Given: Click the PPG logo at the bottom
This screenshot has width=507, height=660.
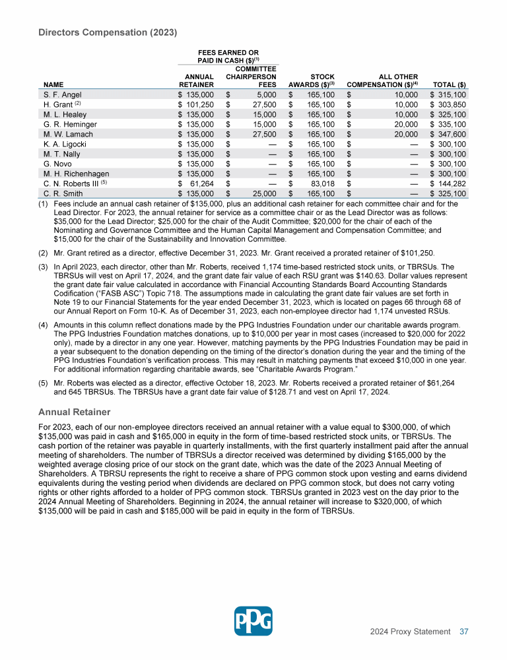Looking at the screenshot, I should (253, 620).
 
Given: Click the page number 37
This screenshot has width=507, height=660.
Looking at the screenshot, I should (464, 632).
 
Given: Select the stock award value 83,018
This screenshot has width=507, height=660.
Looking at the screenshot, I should (321, 183).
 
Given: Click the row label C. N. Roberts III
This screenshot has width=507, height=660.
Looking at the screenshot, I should (65, 183).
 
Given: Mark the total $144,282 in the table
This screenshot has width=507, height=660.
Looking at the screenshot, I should (449, 183).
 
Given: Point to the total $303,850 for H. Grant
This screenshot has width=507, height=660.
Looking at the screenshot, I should (449, 105).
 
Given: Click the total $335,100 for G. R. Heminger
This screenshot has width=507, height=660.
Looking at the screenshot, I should (449, 124).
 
